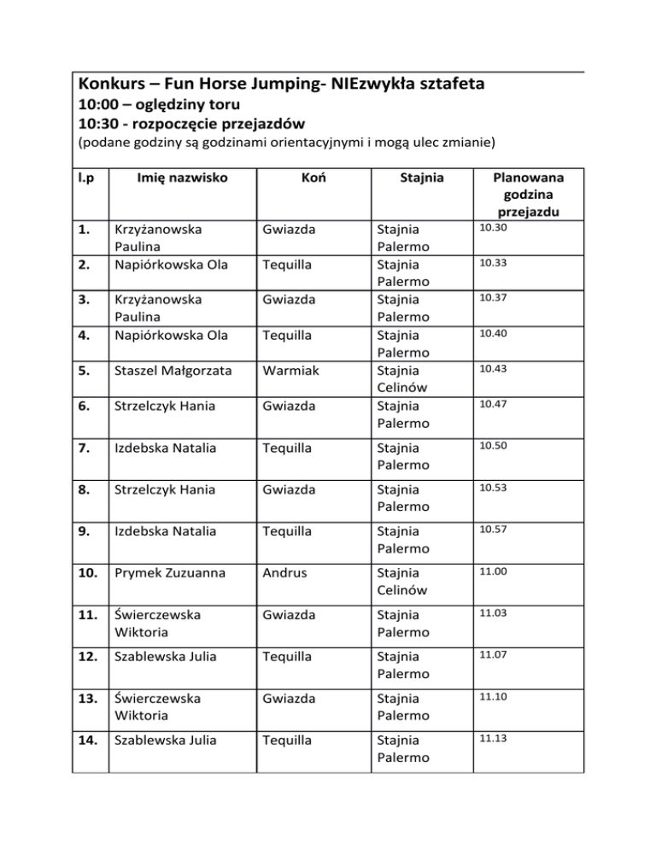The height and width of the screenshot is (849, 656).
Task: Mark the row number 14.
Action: point(88,741)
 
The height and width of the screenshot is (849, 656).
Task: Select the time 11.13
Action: point(492,738)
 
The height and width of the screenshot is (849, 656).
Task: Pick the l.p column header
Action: point(85,180)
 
